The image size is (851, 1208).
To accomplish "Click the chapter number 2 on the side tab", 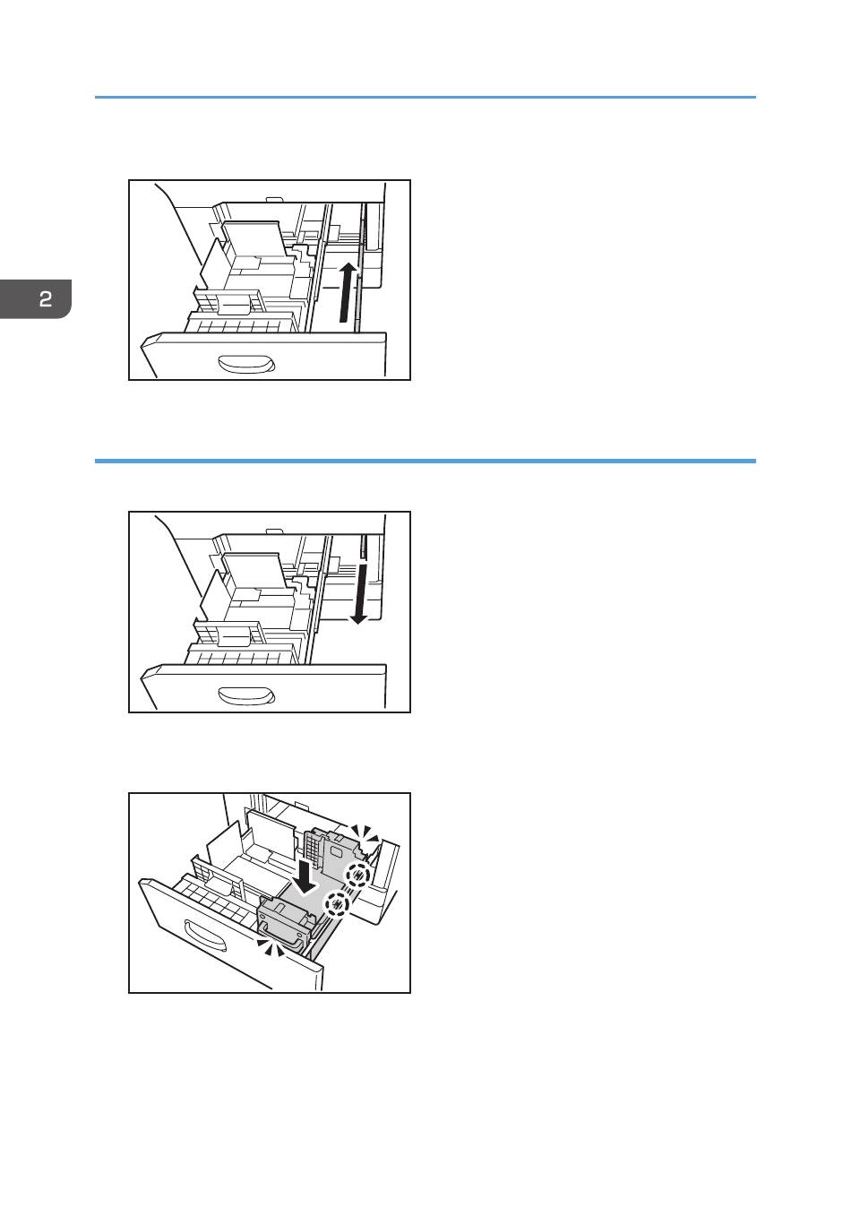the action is [x=46, y=298].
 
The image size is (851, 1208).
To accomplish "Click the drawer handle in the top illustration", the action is [x=246, y=364].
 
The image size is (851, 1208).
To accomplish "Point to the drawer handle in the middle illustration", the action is [x=246, y=695].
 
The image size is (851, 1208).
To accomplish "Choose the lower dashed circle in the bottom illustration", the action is [x=336, y=903].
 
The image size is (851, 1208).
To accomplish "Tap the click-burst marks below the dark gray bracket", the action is [x=271, y=947].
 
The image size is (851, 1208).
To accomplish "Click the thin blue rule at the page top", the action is [x=425, y=97].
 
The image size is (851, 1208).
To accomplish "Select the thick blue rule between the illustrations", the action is [x=425, y=462].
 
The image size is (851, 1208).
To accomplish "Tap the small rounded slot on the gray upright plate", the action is [x=336, y=851].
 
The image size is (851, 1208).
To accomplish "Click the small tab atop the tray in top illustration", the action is [x=274, y=199].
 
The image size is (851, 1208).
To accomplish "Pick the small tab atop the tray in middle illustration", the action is [x=274, y=531].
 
